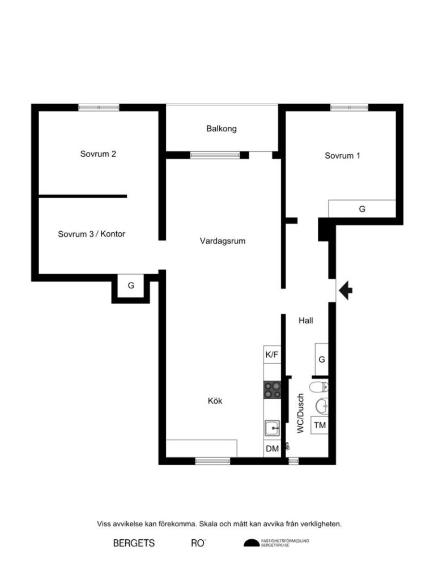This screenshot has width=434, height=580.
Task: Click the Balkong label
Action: tap(221, 129)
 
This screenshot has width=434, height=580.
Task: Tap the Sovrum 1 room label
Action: tap(342, 156)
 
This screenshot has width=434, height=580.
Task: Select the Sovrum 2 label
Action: tap(98, 153)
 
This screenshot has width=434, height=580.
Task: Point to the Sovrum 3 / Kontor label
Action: tap(91, 234)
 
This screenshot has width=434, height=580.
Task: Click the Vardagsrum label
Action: tap(222, 241)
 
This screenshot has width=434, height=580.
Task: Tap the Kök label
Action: tap(215, 401)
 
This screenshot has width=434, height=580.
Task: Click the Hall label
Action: tap(306, 320)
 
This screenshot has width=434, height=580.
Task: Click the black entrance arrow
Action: tap(346, 291)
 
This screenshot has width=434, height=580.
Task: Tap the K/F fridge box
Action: tap(272, 355)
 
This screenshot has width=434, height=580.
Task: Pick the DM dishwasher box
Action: tap(272, 449)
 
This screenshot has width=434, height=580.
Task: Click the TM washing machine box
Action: tap(320, 425)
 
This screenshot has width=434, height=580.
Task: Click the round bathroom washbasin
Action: tap(322, 405)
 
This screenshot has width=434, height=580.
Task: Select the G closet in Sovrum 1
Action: tap(362, 208)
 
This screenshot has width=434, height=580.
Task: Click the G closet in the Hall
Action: tap(321, 359)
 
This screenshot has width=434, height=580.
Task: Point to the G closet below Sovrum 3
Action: tap(131, 285)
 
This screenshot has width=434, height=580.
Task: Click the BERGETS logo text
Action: tap(134, 543)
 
